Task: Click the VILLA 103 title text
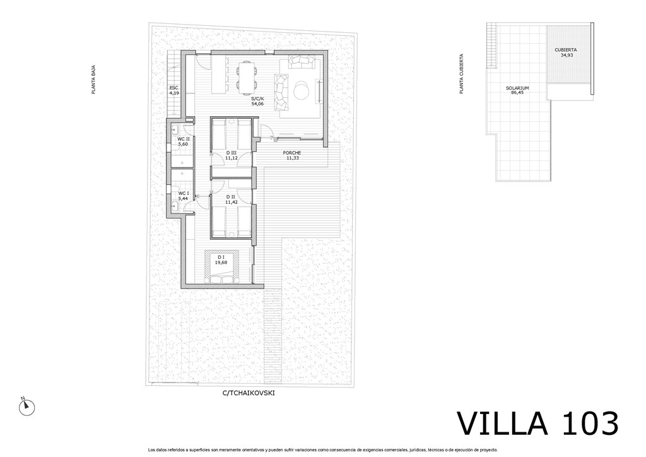click(538, 423)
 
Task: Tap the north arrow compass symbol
click(26, 407)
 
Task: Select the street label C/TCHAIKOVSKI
click(249, 393)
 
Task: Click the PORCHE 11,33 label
click(291, 155)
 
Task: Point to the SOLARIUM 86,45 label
click(517, 90)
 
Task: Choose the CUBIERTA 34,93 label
click(566, 52)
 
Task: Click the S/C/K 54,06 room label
click(257, 102)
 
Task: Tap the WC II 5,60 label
click(183, 141)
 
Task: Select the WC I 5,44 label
click(183, 196)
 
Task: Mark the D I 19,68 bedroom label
click(221, 259)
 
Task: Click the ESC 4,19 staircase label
click(174, 90)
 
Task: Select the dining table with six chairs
click(247, 76)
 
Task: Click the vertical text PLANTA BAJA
click(93, 80)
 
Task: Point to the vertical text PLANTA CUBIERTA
click(462, 74)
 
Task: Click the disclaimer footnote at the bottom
click(322, 450)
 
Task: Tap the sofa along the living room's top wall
click(302, 62)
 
